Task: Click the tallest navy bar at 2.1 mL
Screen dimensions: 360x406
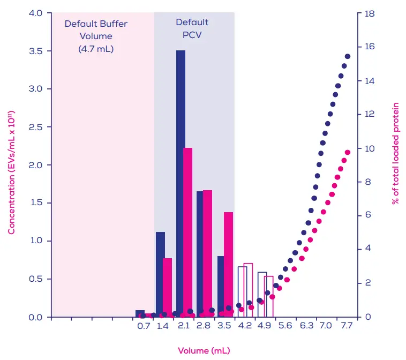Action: tap(181, 182)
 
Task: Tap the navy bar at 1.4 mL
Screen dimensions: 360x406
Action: tap(160, 273)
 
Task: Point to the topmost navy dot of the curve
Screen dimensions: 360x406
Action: tap(347, 56)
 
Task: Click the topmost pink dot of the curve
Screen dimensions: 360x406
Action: tap(347, 153)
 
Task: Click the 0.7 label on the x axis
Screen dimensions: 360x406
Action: tap(143, 326)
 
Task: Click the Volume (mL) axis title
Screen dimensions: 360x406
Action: tap(204, 350)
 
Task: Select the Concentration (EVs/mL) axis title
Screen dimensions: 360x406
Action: tap(11, 171)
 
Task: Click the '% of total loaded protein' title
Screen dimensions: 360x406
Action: tap(396, 153)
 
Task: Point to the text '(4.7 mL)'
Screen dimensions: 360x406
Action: tap(96, 49)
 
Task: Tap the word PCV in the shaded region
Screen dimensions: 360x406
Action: tap(192, 35)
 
